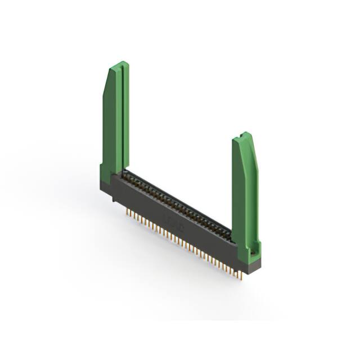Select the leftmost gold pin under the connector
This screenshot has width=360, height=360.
click(x=127, y=213)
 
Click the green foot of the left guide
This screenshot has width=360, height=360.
click(x=105, y=174)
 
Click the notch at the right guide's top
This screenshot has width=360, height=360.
click(x=242, y=136)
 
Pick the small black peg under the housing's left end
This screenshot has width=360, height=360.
click(x=114, y=199)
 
